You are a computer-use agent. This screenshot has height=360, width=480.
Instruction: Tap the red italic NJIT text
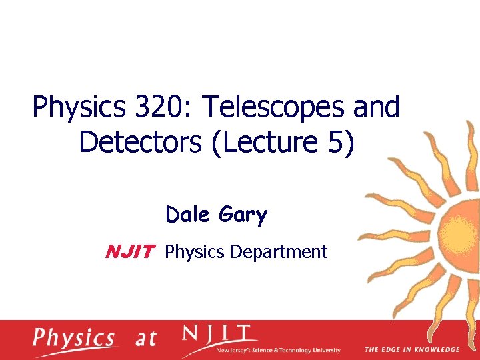point(130,252)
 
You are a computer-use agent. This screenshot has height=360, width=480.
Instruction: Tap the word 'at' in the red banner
point(145,339)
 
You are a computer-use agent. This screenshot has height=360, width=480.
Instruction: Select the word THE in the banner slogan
point(372,349)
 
